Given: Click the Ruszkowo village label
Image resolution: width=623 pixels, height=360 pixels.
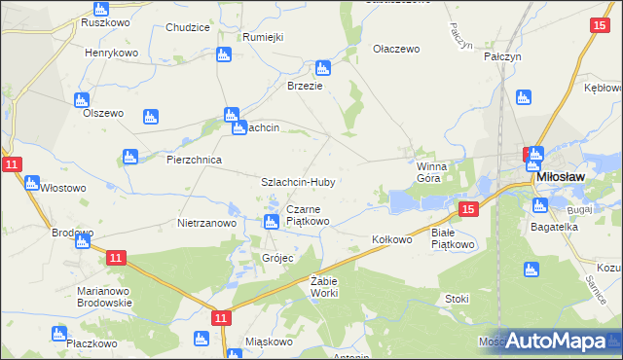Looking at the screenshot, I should tap(99, 20).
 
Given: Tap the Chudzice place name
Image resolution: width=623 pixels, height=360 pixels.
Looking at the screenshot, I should tap(188, 27).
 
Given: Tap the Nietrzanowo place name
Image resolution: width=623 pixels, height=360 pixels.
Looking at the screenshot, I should tap(206, 223).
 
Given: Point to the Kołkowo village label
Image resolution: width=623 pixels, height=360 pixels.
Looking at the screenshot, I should tap(392, 238).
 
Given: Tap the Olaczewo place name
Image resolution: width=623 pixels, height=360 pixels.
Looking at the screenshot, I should tap(395, 48).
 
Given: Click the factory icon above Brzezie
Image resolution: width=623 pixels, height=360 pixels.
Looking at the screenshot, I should tap(322, 68).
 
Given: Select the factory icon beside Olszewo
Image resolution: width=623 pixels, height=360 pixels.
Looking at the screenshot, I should tap(81, 99).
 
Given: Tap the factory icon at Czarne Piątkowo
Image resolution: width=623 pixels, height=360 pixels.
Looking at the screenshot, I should tap(272, 223).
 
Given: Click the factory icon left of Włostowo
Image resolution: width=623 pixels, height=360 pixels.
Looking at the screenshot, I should tap(31, 183).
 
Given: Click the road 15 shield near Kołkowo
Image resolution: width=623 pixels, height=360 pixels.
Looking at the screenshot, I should tap(468, 209).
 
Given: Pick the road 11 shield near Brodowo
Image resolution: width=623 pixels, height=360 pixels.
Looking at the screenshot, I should tap(116, 257).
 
